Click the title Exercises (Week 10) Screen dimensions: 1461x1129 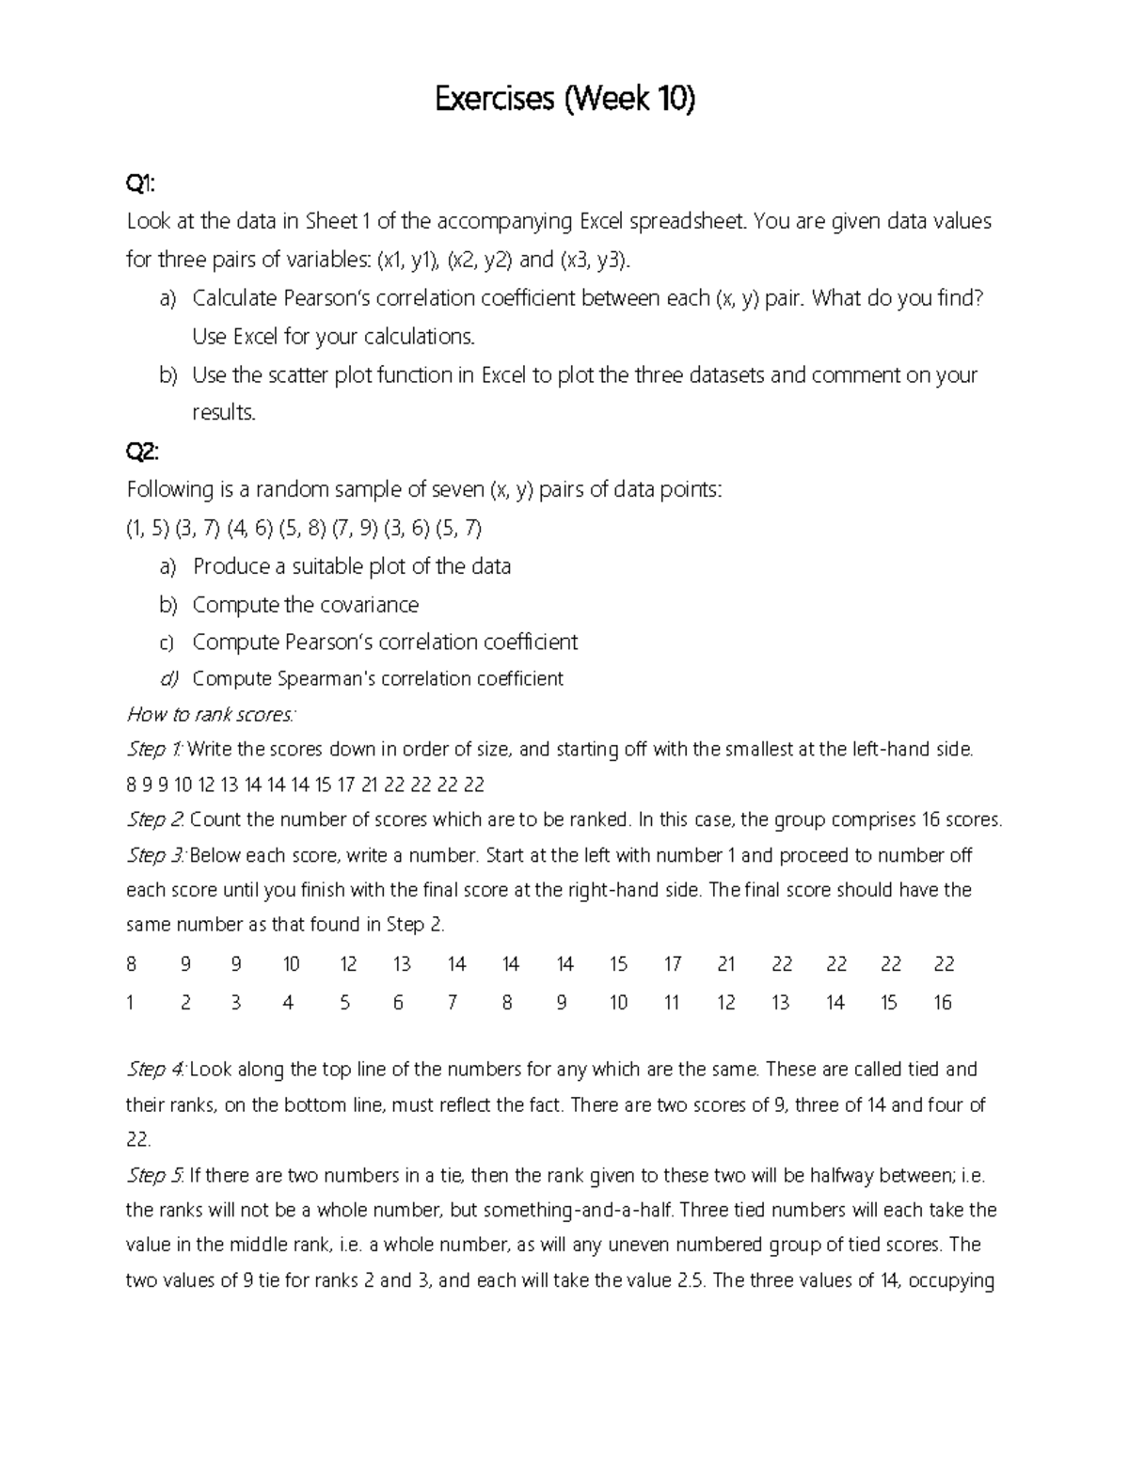564,98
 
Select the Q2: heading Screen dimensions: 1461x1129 142,452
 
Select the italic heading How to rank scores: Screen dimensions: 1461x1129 211,714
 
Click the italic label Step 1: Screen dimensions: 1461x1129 155,750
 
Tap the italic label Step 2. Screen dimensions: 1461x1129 155,819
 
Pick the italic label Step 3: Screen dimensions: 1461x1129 156,855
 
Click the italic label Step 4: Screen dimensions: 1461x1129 156,1070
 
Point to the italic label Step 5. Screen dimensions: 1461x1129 155,1175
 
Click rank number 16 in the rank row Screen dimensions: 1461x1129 942,1003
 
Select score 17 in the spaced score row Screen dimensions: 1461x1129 672,964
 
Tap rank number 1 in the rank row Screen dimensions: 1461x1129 130,1003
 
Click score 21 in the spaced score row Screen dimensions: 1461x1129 726,964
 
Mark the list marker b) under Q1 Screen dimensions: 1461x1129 167,375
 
